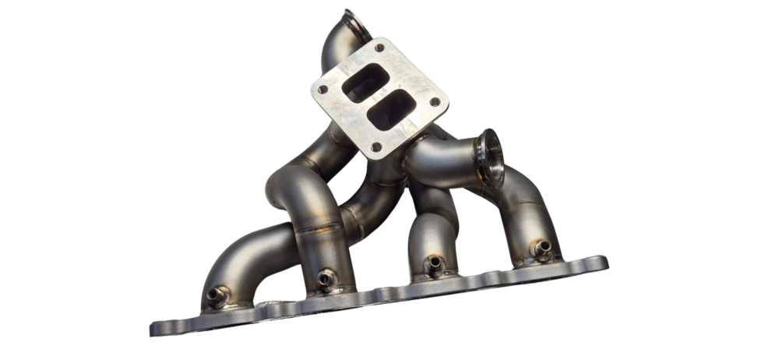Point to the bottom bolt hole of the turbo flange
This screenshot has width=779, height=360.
click(377, 146)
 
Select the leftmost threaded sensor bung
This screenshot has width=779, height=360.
click(219, 295)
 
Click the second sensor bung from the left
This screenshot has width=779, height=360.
click(326, 278)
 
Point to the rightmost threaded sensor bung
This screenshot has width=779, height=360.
click(541, 249)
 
